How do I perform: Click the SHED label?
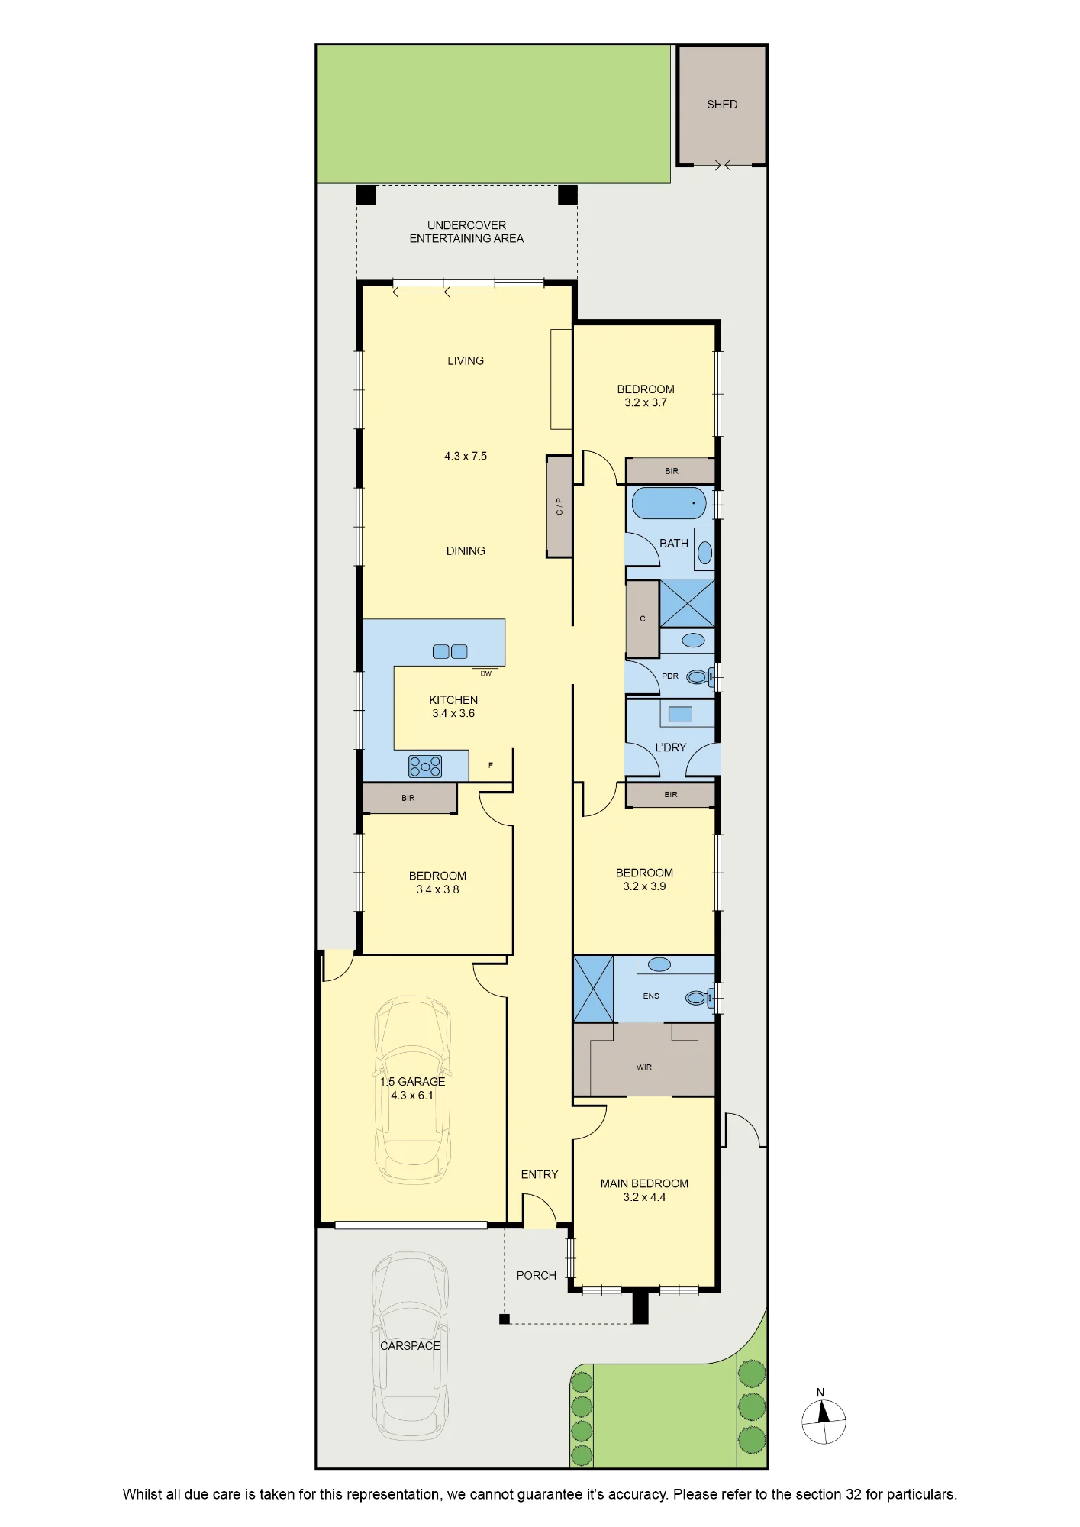[x=722, y=105]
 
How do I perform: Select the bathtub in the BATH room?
[x=669, y=504]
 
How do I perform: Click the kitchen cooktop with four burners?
[x=425, y=766]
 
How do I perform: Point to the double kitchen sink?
[x=450, y=651]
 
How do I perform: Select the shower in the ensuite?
[x=593, y=989]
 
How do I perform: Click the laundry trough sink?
[x=680, y=715]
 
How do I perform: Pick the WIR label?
[x=644, y=1067]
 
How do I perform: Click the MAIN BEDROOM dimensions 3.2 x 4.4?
[x=644, y=1197]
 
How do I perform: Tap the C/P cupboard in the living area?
[x=559, y=506]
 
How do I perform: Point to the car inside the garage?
[x=413, y=1090]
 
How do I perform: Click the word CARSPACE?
[x=410, y=1346]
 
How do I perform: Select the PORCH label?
[x=537, y=1276]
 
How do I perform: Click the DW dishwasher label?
[x=486, y=673]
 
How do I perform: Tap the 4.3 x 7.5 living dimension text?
[x=466, y=456]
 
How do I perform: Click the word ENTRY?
[x=540, y=1174]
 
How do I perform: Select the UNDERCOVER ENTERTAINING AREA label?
[x=466, y=232]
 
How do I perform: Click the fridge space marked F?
[x=491, y=765]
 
